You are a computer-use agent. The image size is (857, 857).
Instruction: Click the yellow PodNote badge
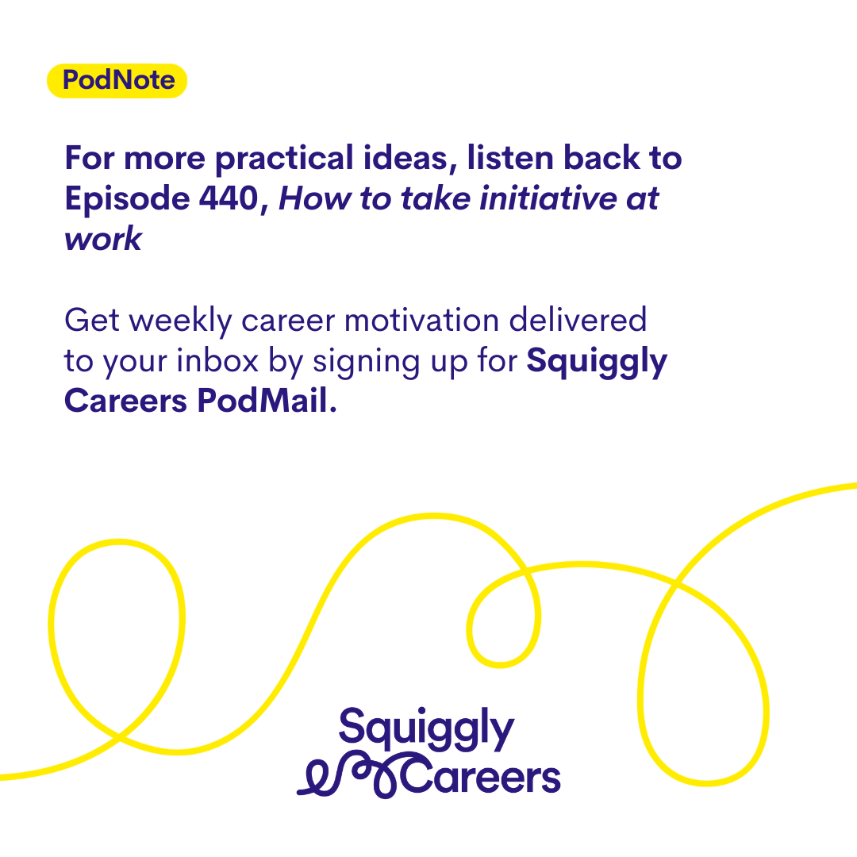tap(117, 81)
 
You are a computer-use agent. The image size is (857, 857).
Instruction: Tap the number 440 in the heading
tap(229, 198)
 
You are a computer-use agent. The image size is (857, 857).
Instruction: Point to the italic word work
tap(103, 239)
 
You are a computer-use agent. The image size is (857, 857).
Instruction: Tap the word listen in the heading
tap(510, 158)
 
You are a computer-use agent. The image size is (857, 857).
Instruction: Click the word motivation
tap(421, 321)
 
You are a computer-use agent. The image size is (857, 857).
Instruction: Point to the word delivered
tap(578, 320)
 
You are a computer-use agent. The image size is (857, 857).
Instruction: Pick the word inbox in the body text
tap(217, 361)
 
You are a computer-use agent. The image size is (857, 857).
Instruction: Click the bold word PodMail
tap(267, 401)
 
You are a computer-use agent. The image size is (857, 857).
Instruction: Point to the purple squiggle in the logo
tap(350, 776)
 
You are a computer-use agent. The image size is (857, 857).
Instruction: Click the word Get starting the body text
tap(92, 321)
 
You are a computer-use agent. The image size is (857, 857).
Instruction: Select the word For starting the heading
tap(89, 159)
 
